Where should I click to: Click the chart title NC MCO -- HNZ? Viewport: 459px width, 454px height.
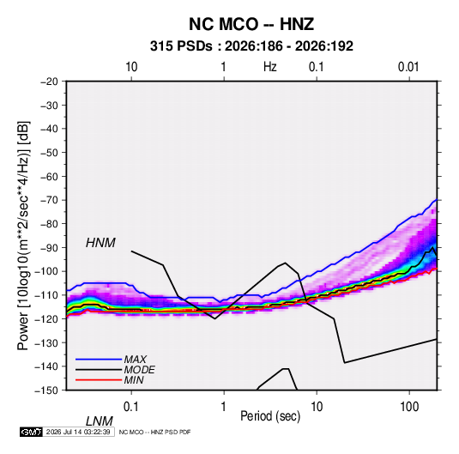pyautogui.click(x=251, y=24)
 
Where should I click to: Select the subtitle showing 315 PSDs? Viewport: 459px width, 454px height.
pyautogui.click(x=251, y=46)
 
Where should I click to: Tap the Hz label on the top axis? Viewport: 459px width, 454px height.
pyautogui.click(x=269, y=67)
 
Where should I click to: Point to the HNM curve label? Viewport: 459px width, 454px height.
pyautogui.click(x=100, y=243)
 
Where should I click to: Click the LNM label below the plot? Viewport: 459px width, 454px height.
pyautogui.click(x=100, y=421)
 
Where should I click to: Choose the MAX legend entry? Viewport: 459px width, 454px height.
pyautogui.click(x=135, y=359)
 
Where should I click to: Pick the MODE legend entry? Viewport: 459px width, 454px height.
pyautogui.click(x=139, y=370)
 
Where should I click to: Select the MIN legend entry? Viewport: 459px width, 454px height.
pyautogui.click(x=134, y=380)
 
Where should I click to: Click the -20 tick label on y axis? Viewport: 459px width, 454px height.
pyautogui.click(x=49, y=82)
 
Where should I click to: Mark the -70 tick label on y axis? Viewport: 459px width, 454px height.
pyautogui.click(x=49, y=200)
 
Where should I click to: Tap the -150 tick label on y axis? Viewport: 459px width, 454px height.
pyautogui.click(x=46, y=390)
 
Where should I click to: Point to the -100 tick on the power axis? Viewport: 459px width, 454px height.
pyautogui.click(x=46, y=271)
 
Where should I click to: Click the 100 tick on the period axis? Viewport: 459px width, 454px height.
pyautogui.click(x=409, y=407)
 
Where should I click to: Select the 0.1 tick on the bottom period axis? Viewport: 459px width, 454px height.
pyautogui.click(x=131, y=407)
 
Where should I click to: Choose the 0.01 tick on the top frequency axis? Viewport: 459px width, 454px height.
pyautogui.click(x=408, y=67)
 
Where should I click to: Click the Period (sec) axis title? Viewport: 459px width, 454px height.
pyautogui.click(x=270, y=416)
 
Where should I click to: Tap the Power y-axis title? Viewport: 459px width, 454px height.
pyautogui.click(x=23, y=236)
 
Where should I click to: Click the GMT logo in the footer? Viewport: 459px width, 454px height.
pyautogui.click(x=32, y=432)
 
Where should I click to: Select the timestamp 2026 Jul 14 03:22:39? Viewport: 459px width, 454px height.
pyautogui.click(x=78, y=432)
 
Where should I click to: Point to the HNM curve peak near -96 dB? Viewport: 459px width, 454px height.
pyautogui.click(x=285, y=263)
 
